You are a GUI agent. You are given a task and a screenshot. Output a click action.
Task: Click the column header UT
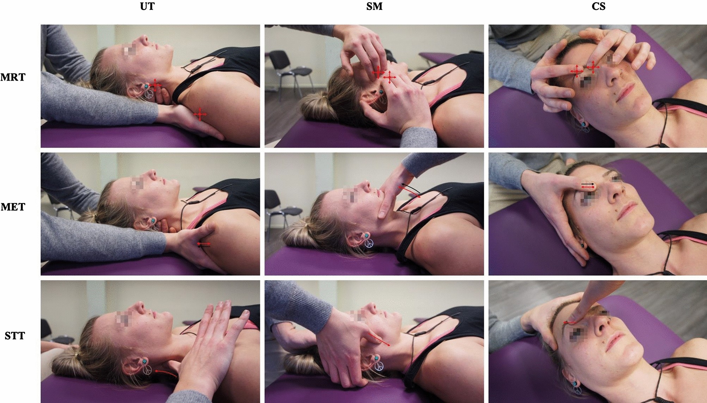pos(147,6)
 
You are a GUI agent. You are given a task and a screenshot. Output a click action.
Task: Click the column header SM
pos(374,6)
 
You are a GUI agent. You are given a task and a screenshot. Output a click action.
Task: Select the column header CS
pos(598,6)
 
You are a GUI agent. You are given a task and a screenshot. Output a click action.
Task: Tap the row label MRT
pos(13,77)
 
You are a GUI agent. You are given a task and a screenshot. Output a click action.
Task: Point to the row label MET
pos(13,207)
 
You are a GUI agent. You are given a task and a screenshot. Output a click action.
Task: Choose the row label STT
pos(15,336)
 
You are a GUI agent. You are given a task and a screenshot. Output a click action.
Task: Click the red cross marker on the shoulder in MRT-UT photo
pos(200,114)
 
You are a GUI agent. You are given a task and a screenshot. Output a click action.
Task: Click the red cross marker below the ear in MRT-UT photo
pos(155,85)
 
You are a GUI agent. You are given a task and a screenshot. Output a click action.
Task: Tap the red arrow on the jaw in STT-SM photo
pos(379,339)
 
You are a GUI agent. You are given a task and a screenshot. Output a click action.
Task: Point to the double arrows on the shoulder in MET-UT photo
pos(204,245)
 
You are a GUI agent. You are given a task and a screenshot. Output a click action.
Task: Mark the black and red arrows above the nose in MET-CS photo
pos(588,185)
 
